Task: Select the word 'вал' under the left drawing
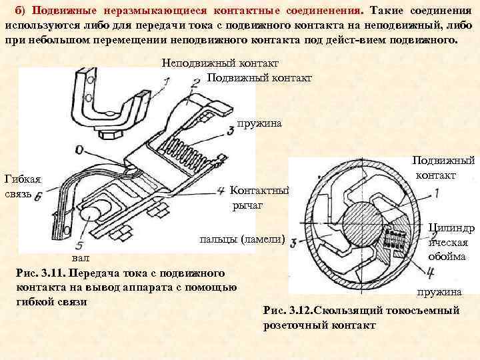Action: pos(79,258)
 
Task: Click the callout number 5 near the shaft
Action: pos(80,236)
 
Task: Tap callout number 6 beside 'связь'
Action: pos(38,197)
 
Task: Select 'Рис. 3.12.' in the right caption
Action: pos(287,311)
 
